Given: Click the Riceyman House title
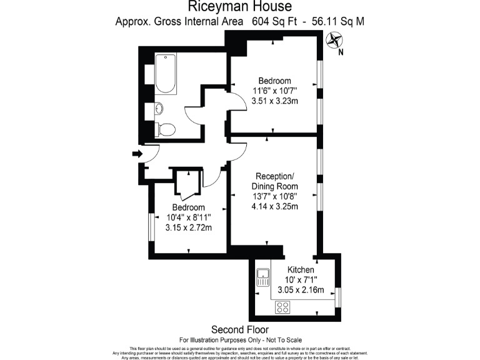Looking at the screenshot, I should click(240, 7).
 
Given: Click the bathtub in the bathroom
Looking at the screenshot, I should click(166, 74).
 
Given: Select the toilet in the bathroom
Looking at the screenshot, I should click(165, 129).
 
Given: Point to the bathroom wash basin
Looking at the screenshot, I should click(159, 109).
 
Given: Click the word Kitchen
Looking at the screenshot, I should click(301, 269).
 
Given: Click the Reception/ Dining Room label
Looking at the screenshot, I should click(274, 181).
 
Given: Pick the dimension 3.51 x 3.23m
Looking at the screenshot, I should click(275, 101).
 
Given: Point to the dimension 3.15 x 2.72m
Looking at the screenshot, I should click(189, 227).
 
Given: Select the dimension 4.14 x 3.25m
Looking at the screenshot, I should click(274, 207).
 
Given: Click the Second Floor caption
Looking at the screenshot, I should click(240, 329).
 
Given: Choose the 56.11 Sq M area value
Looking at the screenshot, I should click(337, 21).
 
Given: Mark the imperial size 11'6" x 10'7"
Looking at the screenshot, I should click(275, 91).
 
